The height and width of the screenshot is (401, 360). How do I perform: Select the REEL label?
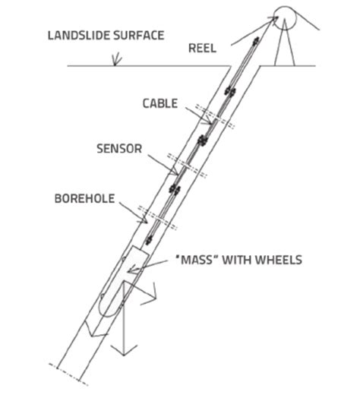201,49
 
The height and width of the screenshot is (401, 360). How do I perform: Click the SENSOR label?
118,148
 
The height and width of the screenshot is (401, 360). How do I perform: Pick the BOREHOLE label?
84,199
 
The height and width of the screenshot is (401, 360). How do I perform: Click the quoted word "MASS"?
200,260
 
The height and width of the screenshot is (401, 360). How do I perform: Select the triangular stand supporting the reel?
287,46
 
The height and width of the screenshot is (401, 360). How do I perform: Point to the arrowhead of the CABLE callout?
212,120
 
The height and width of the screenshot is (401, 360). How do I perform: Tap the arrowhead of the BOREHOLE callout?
146,221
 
